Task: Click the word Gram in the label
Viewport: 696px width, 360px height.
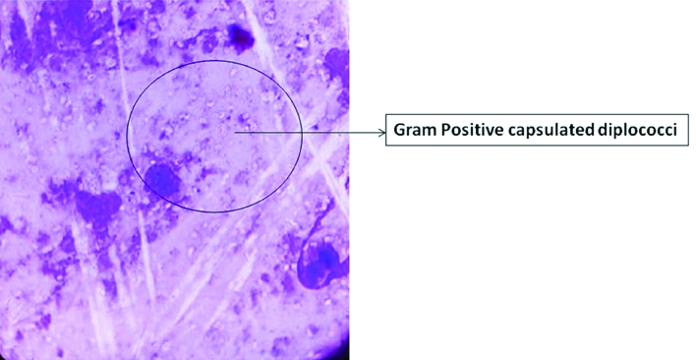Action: tap(413, 130)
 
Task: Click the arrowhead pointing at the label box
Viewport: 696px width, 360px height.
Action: tap(380, 130)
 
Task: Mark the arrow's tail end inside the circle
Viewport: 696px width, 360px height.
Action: tap(236, 129)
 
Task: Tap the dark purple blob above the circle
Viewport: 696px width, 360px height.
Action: tap(239, 37)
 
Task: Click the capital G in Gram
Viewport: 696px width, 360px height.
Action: tap(399, 130)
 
